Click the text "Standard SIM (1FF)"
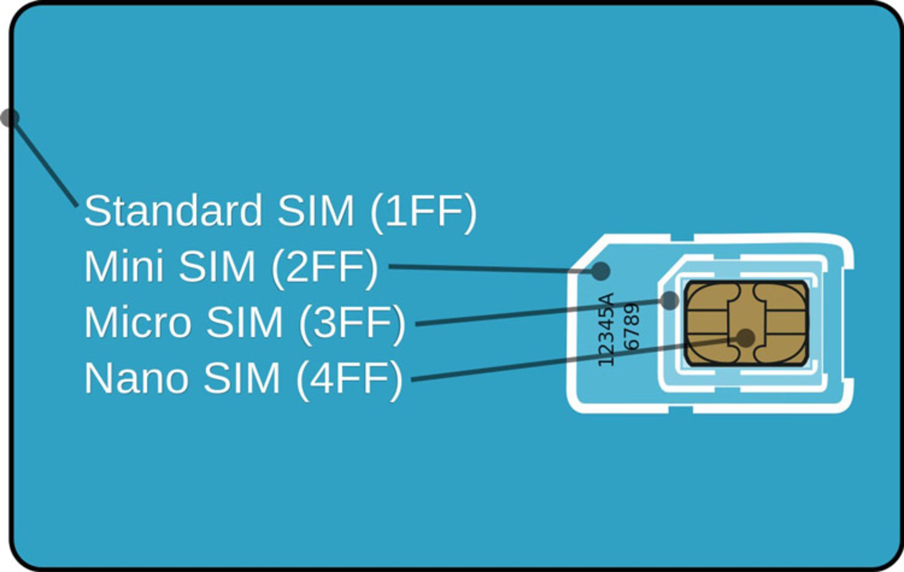280,211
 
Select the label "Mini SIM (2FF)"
231,267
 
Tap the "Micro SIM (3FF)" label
244,323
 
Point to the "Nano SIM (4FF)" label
243,379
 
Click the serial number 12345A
606,329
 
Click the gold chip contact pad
747,323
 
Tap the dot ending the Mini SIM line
601,271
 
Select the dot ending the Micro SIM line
669,300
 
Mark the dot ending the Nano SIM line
746,337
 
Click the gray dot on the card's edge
8,118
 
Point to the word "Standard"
173,211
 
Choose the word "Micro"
137,323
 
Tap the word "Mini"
124,267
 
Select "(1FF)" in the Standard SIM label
423,211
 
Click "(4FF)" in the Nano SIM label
349,379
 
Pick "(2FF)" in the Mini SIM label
324,267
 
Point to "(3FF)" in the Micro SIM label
352,323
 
